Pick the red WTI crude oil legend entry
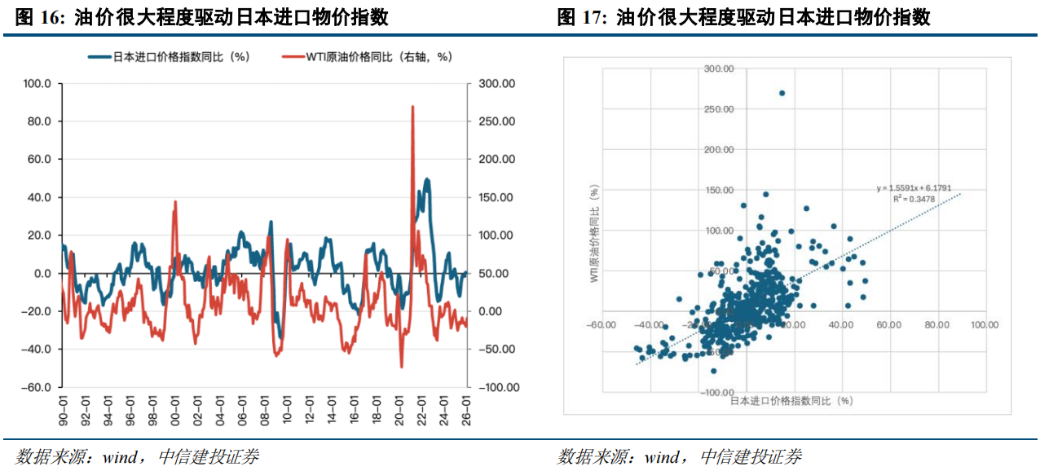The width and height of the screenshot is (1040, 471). (x=366, y=57)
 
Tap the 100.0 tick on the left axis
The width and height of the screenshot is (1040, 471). (x=37, y=84)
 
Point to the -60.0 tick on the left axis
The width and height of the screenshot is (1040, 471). (x=36, y=388)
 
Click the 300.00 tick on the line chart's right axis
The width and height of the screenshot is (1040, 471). (x=496, y=84)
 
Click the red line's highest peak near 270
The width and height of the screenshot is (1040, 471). (x=412, y=107)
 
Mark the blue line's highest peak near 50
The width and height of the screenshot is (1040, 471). (x=427, y=179)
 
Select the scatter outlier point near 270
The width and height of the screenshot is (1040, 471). (x=782, y=93)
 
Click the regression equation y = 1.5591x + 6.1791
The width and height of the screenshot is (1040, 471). (x=914, y=188)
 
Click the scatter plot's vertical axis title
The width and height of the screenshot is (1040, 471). (x=595, y=233)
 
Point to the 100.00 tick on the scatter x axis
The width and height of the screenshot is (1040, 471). (x=985, y=324)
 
